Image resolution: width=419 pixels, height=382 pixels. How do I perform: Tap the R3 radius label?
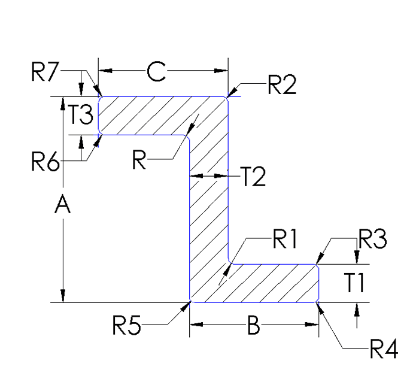[372, 239]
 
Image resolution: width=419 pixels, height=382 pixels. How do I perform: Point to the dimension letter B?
[254, 326]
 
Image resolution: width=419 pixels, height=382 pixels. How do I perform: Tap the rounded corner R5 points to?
[191, 301]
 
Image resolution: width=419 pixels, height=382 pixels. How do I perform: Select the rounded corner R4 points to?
[317, 301]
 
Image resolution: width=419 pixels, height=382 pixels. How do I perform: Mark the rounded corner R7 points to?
[100, 98]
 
